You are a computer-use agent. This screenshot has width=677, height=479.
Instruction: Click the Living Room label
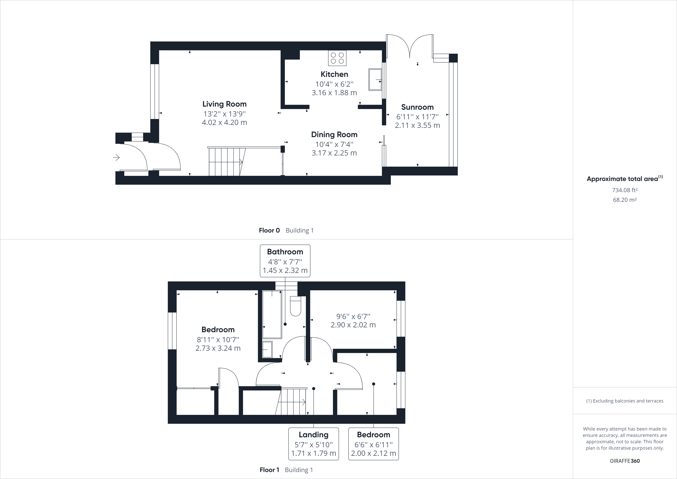click(x=224, y=104)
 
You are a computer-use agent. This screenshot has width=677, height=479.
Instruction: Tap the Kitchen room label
click(x=334, y=74)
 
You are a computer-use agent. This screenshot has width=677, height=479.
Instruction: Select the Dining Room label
click(x=334, y=135)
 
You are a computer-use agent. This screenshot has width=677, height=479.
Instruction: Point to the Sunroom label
click(x=417, y=107)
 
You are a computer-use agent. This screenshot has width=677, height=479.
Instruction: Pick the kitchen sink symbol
click(x=375, y=79)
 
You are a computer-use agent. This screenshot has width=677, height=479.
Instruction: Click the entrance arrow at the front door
click(x=117, y=158)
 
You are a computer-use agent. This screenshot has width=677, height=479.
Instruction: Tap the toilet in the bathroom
click(x=295, y=306)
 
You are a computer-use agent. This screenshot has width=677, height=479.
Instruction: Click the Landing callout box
click(x=313, y=444)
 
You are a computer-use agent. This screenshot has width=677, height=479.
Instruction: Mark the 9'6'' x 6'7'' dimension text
click(x=353, y=316)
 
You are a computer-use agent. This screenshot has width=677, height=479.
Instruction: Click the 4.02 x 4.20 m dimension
click(x=224, y=122)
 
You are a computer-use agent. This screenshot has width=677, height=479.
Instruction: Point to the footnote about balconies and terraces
click(x=625, y=401)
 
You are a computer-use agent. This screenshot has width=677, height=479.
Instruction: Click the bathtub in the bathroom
click(x=272, y=314)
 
